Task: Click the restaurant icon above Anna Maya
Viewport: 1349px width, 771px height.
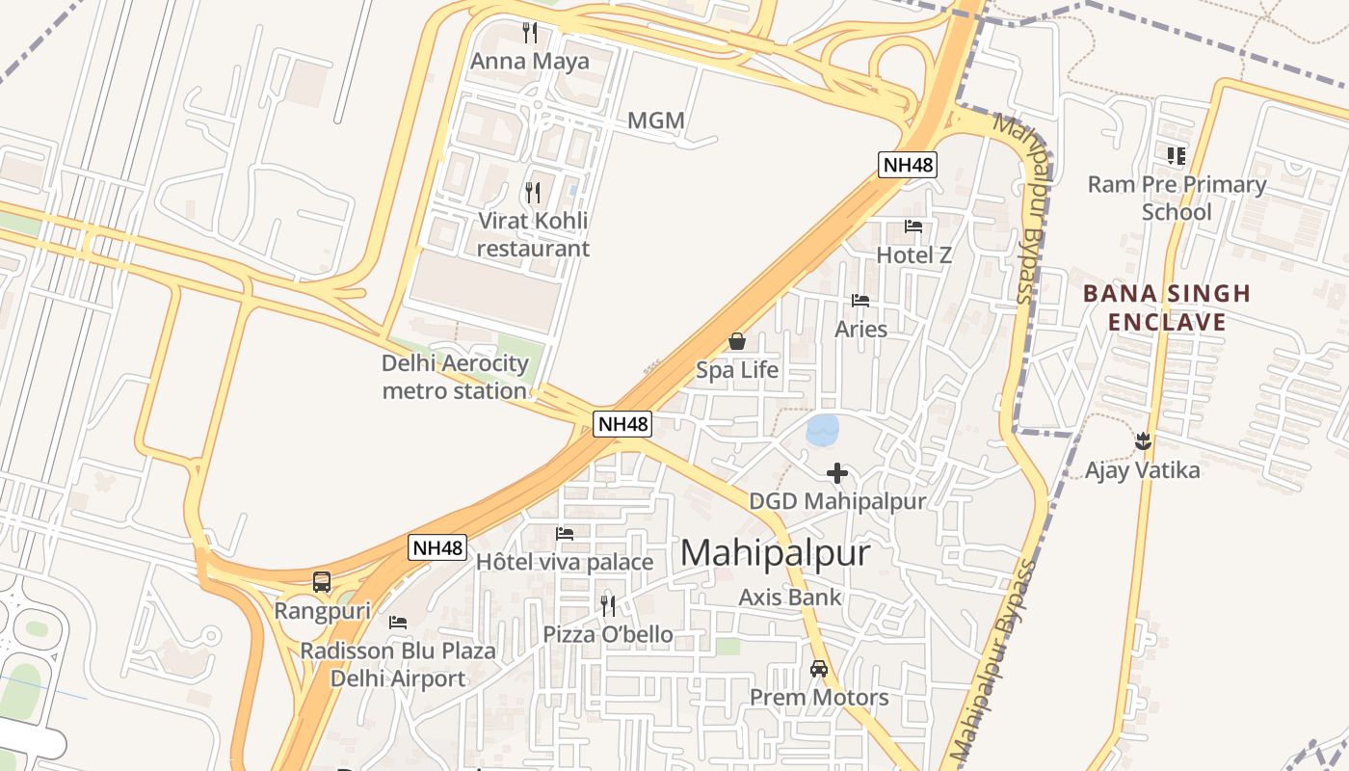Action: click(x=529, y=33)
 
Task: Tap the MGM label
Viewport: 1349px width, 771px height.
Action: click(x=655, y=120)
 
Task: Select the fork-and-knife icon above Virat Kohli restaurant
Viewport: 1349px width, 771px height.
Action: click(x=533, y=192)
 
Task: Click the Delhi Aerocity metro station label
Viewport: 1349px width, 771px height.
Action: click(x=455, y=377)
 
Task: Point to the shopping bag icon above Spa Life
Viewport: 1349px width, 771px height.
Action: click(x=737, y=341)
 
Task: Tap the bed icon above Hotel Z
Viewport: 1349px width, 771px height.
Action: click(x=913, y=226)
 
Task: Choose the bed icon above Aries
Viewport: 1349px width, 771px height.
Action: click(x=860, y=301)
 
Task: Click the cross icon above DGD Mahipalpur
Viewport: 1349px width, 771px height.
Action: click(x=837, y=473)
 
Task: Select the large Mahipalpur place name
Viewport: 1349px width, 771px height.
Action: click(x=775, y=553)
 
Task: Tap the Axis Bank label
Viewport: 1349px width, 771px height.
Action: click(x=790, y=598)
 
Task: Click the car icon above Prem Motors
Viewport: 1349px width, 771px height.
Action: click(x=819, y=669)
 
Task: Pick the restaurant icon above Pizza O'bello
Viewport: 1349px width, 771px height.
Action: click(x=608, y=605)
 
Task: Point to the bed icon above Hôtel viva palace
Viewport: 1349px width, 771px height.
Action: click(x=565, y=534)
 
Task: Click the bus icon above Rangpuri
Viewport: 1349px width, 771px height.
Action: click(x=322, y=582)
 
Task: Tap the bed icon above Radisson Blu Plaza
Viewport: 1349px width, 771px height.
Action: click(x=398, y=623)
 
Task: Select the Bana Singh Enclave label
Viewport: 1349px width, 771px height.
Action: click(x=1166, y=307)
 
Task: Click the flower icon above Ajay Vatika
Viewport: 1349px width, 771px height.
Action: click(x=1144, y=441)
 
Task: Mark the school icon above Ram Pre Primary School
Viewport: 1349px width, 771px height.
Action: click(x=1176, y=155)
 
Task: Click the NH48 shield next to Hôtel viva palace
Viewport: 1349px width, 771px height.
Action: click(x=438, y=547)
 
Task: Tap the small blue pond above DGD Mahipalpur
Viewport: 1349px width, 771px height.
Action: click(x=822, y=430)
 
